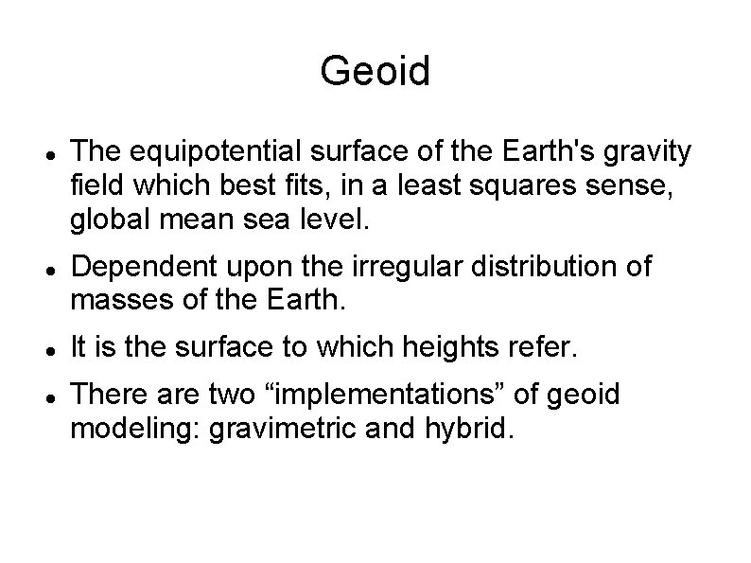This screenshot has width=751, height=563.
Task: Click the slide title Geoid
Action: pyautogui.click(x=375, y=71)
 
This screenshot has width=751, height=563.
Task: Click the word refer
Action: pyautogui.click(x=545, y=347)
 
